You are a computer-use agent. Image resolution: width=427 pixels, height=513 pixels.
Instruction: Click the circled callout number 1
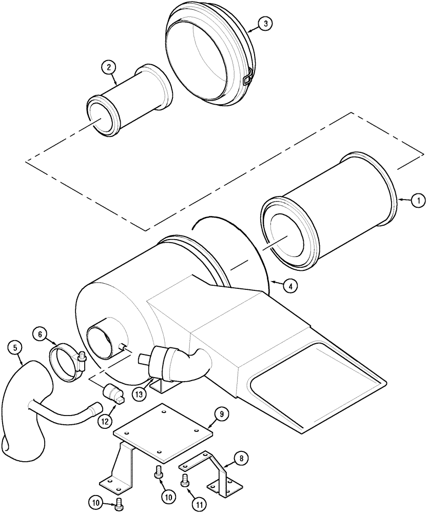[x=418, y=201]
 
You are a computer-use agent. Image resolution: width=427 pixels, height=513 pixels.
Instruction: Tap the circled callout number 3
[x=265, y=24]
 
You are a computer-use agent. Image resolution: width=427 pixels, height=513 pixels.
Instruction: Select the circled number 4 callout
[x=290, y=287]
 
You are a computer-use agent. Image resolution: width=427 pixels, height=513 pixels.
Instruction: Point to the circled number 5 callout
[x=16, y=348]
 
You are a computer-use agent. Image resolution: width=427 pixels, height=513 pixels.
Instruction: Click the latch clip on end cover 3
[x=247, y=78]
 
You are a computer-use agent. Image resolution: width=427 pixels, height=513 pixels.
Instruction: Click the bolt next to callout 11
[x=185, y=481]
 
